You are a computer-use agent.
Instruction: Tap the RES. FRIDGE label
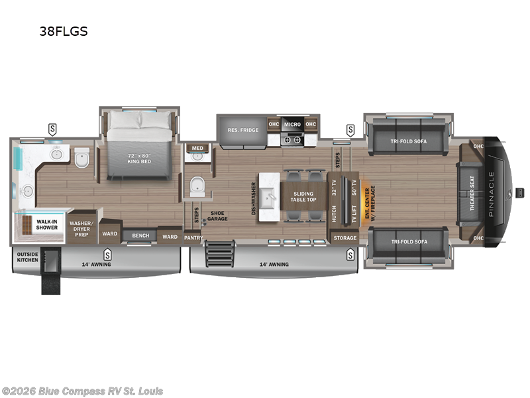(242, 129)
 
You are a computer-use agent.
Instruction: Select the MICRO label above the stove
(292, 124)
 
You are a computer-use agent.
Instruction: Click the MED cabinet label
(197, 148)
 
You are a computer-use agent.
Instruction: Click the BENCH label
(140, 235)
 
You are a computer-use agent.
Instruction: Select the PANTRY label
(193, 237)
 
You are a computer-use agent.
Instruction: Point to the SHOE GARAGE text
(218, 216)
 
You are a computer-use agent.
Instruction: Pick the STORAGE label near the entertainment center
(344, 237)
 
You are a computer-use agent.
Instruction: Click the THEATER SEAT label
(472, 193)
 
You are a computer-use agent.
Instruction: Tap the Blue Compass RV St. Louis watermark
(82, 391)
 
